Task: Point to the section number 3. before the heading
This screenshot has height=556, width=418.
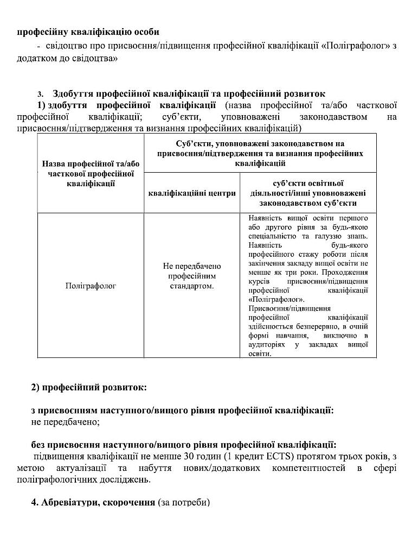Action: pyautogui.click(x=40, y=94)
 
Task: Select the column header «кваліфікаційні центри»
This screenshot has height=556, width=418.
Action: pyautogui.click(x=191, y=193)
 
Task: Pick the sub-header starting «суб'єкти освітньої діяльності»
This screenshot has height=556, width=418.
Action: pyautogui.click(x=307, y=193)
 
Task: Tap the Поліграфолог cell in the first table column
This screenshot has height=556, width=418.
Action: pyautogui.click(x=90, y=285)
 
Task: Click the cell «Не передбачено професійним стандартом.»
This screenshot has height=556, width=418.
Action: pyautogui.click(x=191, y=275)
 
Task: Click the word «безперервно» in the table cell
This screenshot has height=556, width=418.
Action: pyautogui.click(x=306, y=327)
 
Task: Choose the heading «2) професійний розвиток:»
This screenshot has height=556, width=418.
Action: pyautogui.click(x=89, y=388)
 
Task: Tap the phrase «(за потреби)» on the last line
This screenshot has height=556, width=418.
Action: pyautogui.click(x=183, y=503)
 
